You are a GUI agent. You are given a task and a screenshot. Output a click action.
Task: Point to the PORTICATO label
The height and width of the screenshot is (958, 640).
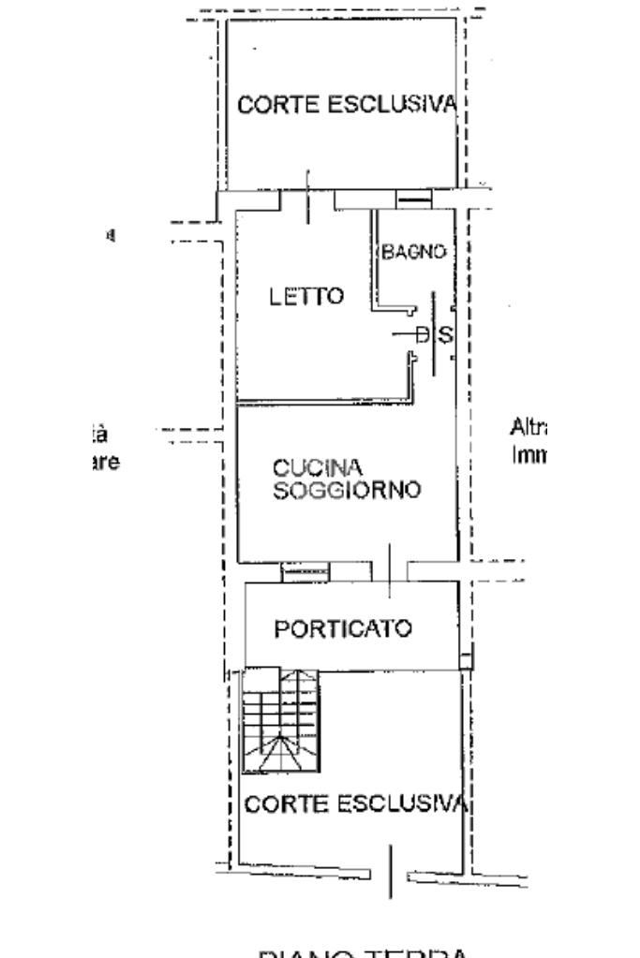(x=342, y=628)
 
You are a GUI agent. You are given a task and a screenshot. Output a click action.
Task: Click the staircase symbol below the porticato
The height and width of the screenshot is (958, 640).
(x=279, y=720)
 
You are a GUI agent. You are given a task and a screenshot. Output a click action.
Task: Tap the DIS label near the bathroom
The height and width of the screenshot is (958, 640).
(x=432, y=333)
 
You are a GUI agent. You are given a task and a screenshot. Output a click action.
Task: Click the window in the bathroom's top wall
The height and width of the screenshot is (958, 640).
(x=413, y=197)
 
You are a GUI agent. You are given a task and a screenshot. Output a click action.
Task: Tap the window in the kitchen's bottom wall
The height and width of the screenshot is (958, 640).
(x=305, y=569)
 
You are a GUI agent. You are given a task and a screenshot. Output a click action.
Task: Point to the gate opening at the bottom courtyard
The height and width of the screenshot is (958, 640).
(x=391, y=870)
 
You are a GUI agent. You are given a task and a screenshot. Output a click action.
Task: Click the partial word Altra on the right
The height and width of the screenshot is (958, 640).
(x=529, y=428)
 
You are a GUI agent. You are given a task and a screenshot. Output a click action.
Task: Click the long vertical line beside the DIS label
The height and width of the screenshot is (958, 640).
(x=433, y=333)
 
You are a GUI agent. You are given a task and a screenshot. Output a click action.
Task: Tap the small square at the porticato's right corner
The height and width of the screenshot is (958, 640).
(x=465, y=660)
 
